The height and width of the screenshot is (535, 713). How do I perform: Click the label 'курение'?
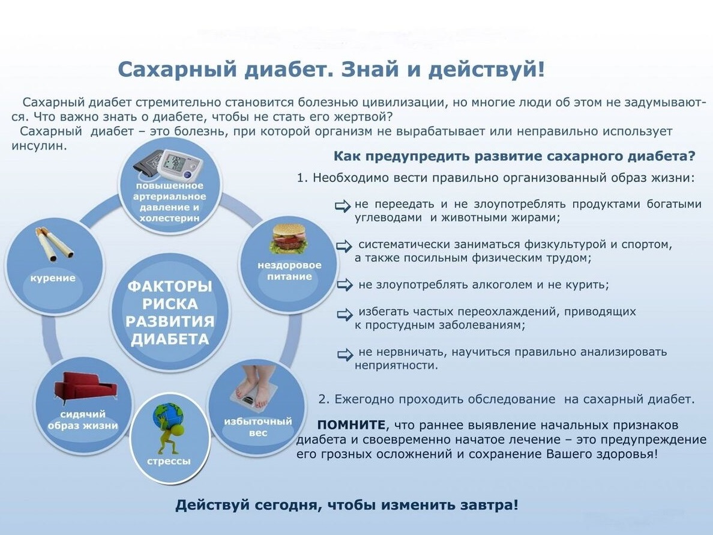(53, 278)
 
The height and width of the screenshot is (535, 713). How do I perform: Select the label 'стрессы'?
(169, 461)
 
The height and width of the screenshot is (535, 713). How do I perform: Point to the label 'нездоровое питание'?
(290, 271)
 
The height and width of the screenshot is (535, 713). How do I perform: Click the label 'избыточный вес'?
(258, 427)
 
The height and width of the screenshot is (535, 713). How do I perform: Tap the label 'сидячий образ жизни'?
(83, 420)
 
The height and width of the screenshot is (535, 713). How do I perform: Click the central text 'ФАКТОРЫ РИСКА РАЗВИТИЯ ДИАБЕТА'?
(170, 313)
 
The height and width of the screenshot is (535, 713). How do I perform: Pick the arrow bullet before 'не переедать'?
(343, 205)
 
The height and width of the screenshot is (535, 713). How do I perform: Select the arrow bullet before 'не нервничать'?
(345, 354)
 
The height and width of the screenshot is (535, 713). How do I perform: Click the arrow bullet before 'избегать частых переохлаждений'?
(344, 315)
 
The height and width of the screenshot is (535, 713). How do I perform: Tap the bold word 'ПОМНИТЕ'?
(351, 425)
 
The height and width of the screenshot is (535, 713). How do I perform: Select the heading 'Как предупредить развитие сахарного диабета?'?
(514, 156)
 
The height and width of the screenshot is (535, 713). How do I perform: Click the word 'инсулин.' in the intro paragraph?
(39, 146)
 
